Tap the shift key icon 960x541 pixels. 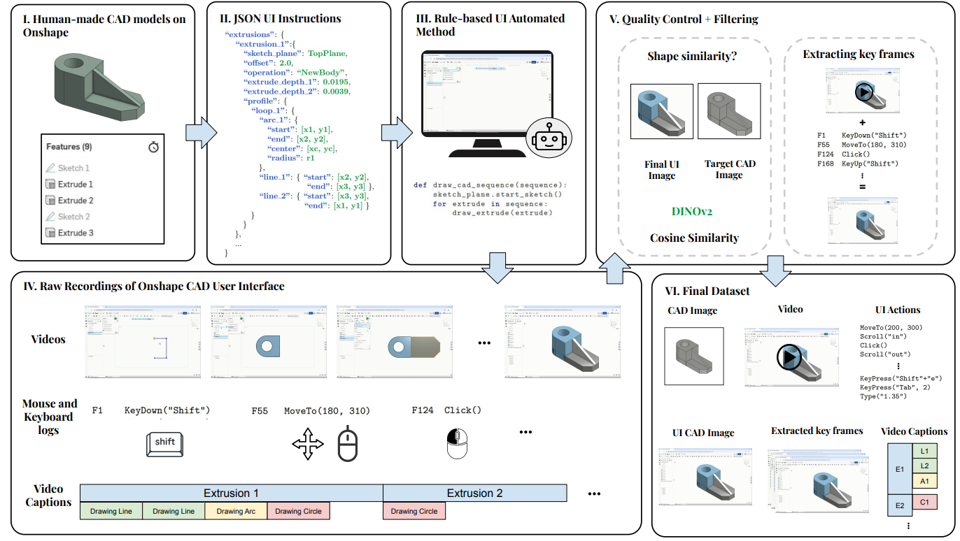165,444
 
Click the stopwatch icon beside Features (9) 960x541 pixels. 154,147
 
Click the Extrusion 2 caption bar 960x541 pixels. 474,493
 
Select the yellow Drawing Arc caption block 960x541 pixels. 236,512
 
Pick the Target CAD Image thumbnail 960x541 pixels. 729,112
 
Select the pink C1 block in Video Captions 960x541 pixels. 924,502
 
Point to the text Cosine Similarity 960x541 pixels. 694,238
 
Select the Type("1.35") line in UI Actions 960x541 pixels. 883,397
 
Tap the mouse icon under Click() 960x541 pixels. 457,444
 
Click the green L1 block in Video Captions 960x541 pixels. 924,452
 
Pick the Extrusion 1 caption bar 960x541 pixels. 231,493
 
